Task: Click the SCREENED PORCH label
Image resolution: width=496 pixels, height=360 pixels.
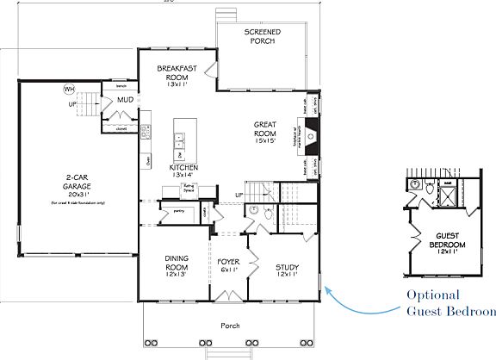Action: pos(262,37)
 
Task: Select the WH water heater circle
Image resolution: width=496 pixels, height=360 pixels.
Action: pos(69,89)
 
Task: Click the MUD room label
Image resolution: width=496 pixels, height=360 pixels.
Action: pos(124,100)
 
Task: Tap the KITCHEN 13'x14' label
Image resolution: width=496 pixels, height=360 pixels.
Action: pos(183,170)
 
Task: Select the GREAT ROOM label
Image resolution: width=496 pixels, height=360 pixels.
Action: pos(265,131)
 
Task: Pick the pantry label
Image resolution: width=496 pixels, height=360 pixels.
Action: pos(179,209)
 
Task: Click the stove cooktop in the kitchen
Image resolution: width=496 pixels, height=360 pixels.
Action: pos(146,131)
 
